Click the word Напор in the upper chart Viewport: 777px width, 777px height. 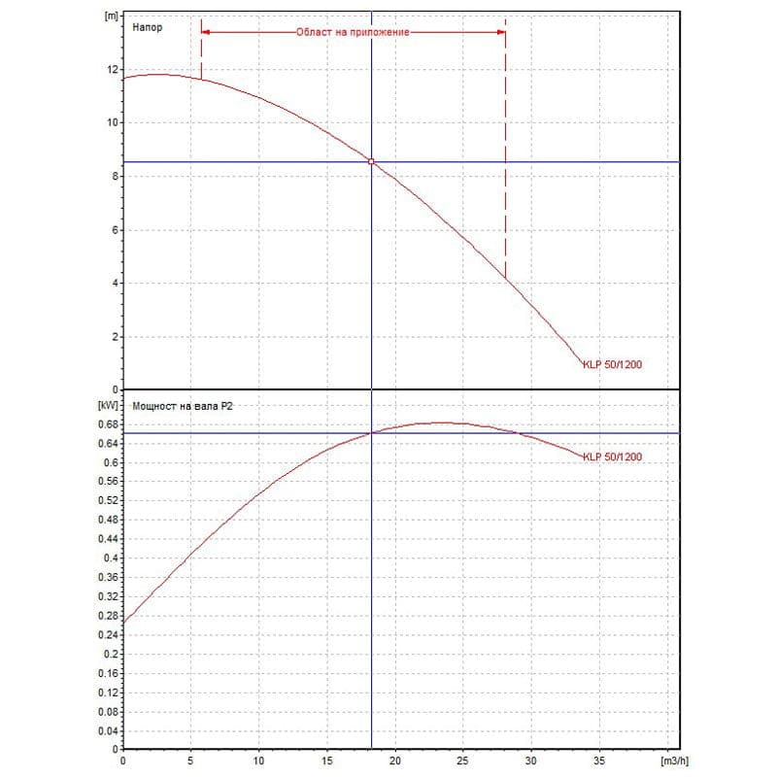coord(147,28)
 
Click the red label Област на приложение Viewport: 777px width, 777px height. coord(353,32)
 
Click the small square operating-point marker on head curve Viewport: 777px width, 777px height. coord(371,161)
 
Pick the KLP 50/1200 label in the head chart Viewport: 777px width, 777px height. coord(612,365)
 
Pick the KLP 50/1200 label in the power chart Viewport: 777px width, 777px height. coord(612,456)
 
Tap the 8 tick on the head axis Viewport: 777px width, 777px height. coord(114,177)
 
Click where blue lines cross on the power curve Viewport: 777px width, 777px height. coord(371,433)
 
